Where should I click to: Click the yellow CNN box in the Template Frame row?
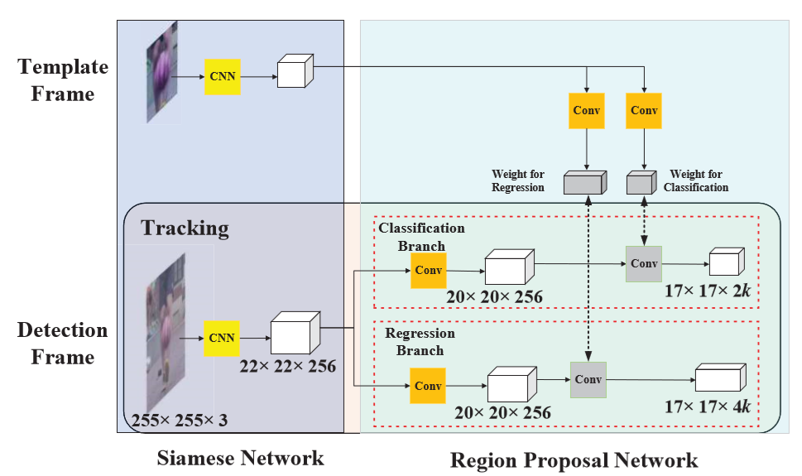coord(223,77)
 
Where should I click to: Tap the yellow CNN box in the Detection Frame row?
coord(223,338)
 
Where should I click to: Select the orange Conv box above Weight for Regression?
coord(586,110)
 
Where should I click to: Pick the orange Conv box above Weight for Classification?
coord(644,110)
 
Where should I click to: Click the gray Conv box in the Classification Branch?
coord(643,263)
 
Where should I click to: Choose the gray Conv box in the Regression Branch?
coord(588,380)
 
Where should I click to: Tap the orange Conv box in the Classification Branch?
coord(428,270)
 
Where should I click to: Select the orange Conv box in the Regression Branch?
coord(428,386)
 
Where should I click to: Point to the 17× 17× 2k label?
coord(708,291)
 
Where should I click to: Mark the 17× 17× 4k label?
coord(708,406)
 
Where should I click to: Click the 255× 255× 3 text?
coord(180,421)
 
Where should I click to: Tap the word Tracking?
coord(185,228)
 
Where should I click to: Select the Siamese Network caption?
coord(240,458)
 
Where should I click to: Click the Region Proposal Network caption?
coord(574,459)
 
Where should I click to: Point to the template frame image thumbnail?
coord(162,72)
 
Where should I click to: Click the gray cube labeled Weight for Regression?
coord(584,183)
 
